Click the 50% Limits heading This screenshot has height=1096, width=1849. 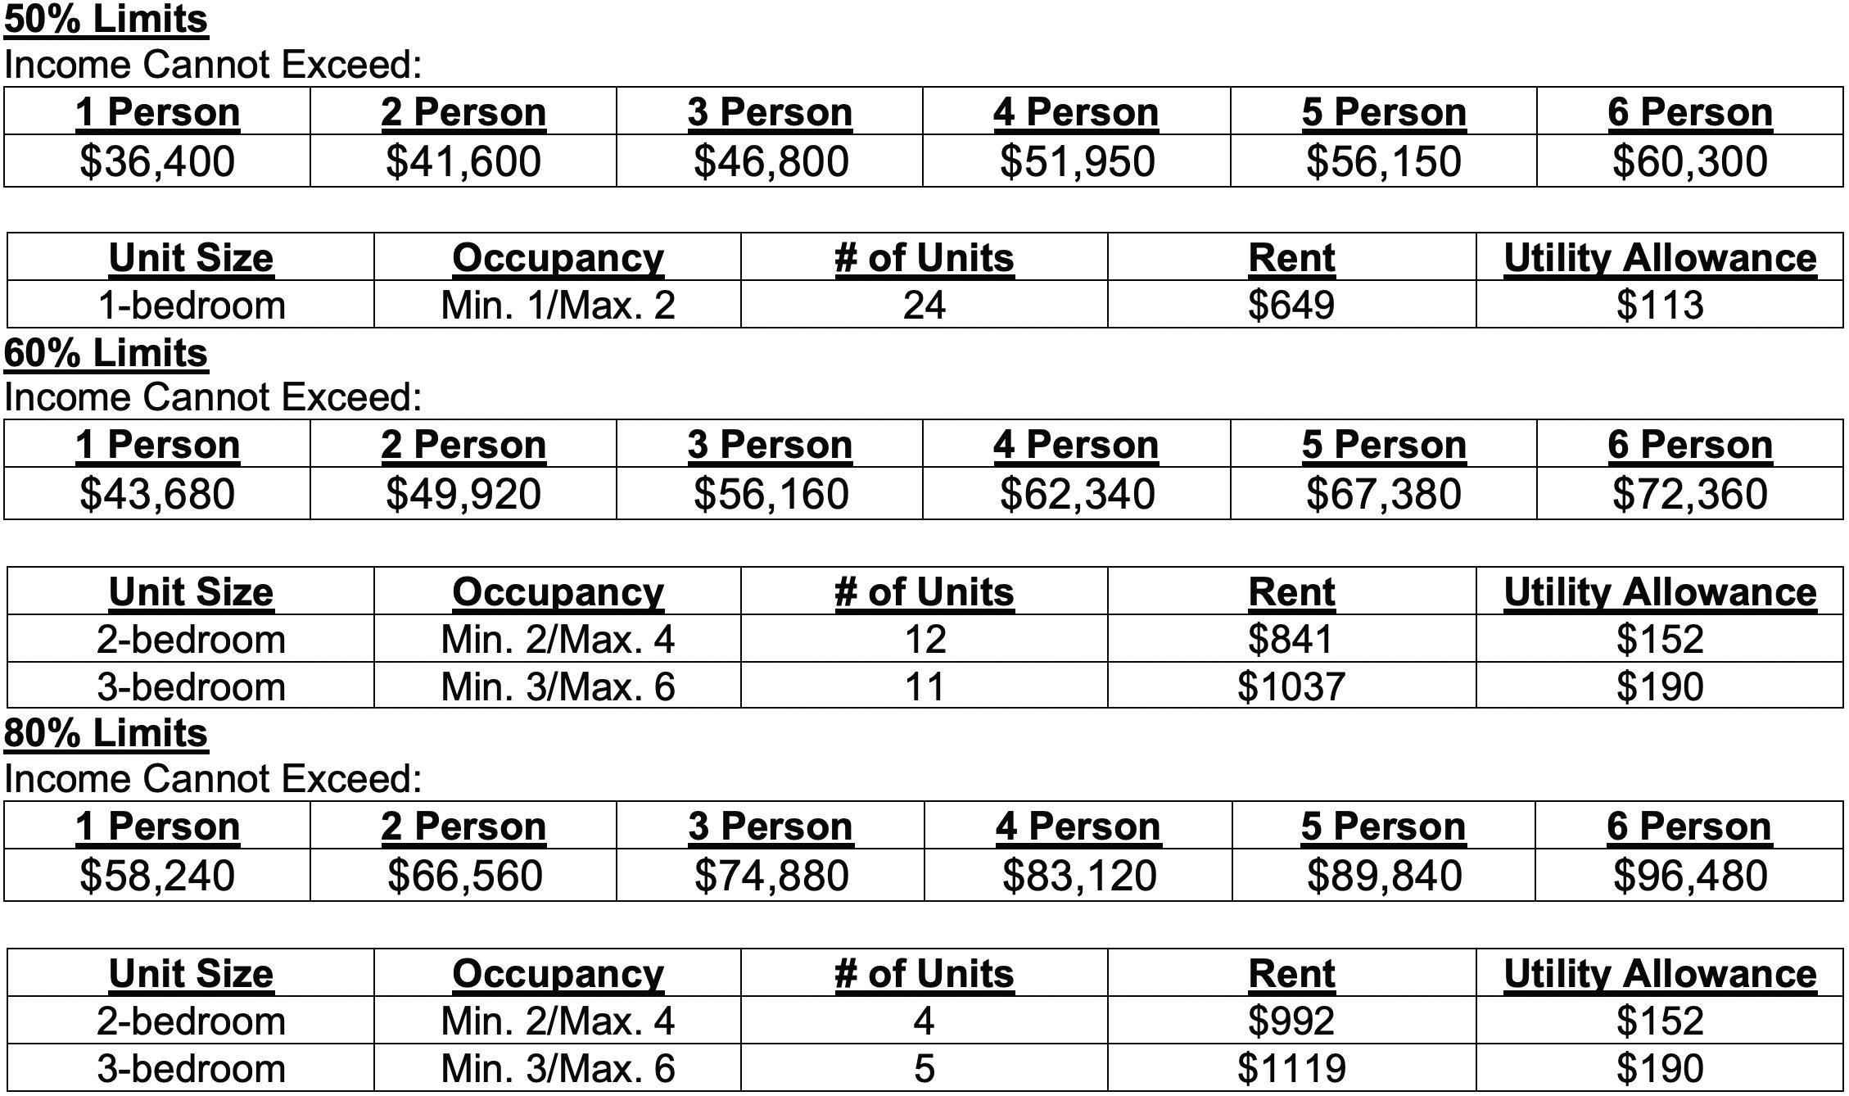click(x=106, y=19)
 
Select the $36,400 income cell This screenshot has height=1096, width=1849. click(x=157, y=161)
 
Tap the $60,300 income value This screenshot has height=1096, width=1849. click(x=1689, y=161)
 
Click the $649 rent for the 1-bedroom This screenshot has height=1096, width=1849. click(x=1291, y=305)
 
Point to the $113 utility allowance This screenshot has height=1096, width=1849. click(x=1660, y=305)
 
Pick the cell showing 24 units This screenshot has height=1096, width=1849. click(x=924, y=305)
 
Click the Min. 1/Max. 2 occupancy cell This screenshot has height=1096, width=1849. click(x=558, y=305)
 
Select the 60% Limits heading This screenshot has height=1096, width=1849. click(x=106, y=353)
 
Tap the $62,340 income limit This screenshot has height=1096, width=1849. click(x=1077, y=493)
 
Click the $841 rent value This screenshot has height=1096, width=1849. click(x=1291, y=639)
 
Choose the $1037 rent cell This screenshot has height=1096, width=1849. click(x=1291, y=686)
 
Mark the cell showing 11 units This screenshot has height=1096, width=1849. click(x=924, y=686)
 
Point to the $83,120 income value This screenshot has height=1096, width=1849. click(x=1079, y=875)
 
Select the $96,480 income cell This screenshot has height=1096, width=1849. click(x=1689, y=875)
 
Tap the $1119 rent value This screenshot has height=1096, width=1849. click(x=1291, y=1068)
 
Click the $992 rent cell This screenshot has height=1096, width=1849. click(x=1291, y=1021)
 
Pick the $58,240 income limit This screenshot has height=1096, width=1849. click(x=157, y=875)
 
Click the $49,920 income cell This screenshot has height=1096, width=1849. click(x=463, y=493)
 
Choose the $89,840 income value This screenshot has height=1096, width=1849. click(x=1384, y=875)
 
